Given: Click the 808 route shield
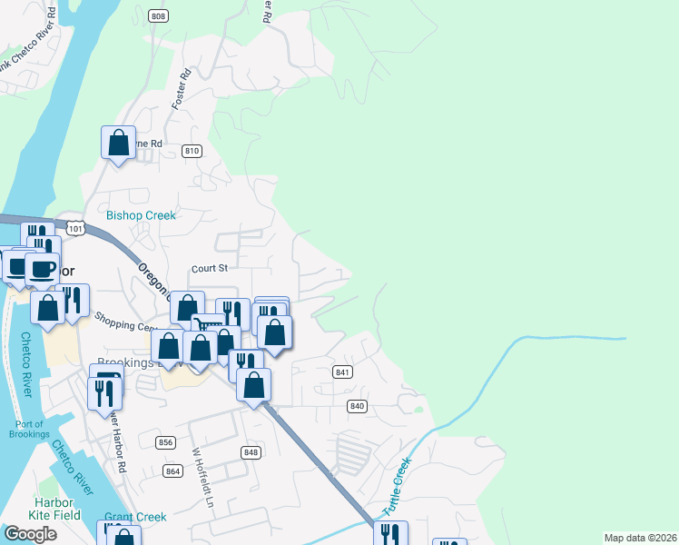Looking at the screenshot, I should click(x=159, y=16).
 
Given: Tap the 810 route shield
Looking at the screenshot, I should click(x=191, y=151).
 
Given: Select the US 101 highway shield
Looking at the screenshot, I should click(x=76, y=229).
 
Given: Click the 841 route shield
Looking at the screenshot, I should click(x=342, y=372).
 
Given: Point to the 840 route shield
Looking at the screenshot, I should click(x=356, y=406).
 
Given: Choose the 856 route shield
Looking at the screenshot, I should click(x=165, y=442).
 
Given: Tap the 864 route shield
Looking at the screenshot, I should click(x=172, y=471).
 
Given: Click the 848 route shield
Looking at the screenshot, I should click(x=251, y=451).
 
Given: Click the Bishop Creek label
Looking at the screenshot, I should click(x=141, y=215).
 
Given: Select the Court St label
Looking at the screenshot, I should click(x=209, y=268).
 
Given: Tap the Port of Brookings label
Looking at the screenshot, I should click(x=32, y=429).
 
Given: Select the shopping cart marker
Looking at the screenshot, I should click(x=208, y=326).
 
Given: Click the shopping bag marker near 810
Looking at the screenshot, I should click(x=118, y=143).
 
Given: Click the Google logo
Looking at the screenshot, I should click(x=30, y=533).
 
